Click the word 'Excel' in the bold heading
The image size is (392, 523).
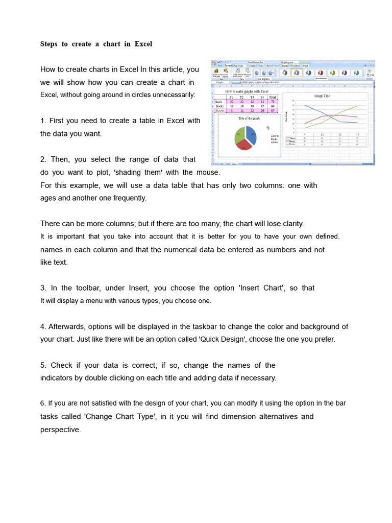(143, 44)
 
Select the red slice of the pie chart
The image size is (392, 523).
(244, 145)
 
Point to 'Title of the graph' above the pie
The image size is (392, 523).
(249, 118)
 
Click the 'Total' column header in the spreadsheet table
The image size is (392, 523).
(273, 97)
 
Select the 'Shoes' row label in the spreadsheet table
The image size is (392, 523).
(219, 102)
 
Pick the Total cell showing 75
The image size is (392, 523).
(273, 102)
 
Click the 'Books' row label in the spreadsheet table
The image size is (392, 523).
(219, 106)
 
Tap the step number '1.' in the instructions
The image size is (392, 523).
(43, 121)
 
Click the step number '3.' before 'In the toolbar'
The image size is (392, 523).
(43, 288)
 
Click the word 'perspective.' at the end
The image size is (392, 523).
(61, 430)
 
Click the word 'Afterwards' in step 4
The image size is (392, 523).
(66, 326)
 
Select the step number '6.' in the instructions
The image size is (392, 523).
(43, 403)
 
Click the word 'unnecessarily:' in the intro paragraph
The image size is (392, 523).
(171, 95)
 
